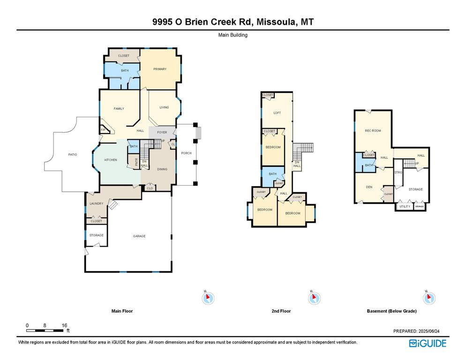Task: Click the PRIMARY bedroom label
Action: click(x=160, y=69)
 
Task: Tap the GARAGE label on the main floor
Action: click(x=139, y=236)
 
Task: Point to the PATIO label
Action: click(x=72, y=155)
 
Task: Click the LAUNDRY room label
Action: click(x=96, y=203)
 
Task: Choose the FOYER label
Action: click(x=162, y=132)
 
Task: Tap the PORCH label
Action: click(x=186, y=153)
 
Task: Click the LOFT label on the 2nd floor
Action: click(x=277, y=112)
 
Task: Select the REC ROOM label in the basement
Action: click(x=373, y=131)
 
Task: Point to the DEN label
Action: click(x=369, y=187)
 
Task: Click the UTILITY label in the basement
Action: click(x=404, y=206)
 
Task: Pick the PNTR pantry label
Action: click(x=136, y=162)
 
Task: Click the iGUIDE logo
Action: click(x=428, y=344)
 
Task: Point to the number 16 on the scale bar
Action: click(x=65, y=325)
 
